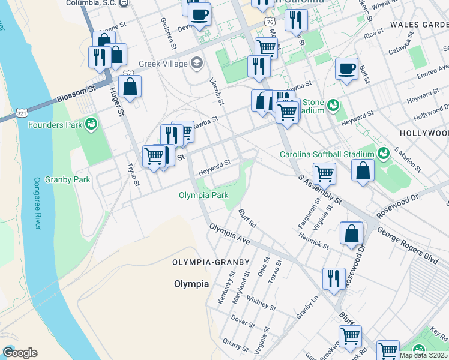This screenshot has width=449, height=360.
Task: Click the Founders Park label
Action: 55,125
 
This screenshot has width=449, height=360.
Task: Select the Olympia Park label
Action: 203,195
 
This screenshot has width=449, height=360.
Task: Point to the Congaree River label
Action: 37,203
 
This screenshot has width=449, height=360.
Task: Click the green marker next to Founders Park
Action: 91,124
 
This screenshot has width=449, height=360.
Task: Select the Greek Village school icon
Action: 196,62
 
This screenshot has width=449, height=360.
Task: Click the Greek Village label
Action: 163,63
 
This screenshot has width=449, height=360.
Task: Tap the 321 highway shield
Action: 22,113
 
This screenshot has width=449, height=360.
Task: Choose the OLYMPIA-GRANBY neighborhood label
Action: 208,263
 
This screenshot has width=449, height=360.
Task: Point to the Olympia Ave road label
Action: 230,233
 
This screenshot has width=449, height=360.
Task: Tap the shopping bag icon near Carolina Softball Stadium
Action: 363,170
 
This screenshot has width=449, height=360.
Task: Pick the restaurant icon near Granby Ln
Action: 334,279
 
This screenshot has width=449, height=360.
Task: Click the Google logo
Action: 20,353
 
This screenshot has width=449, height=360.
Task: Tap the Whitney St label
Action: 261,303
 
